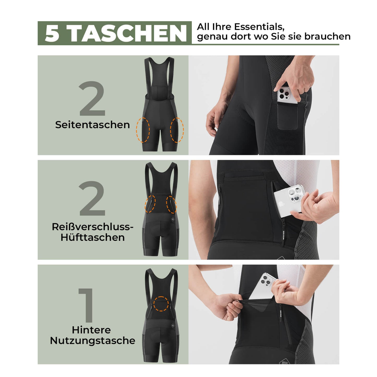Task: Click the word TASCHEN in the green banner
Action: (128, 33)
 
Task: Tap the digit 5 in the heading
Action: (52, 33)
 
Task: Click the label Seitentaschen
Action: (92, 125)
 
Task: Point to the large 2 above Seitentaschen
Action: (92, 99)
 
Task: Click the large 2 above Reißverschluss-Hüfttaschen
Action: (92, 199)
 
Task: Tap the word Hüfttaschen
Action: (93, 237)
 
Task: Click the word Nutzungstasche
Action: (93, 340)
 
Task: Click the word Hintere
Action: (91, 330)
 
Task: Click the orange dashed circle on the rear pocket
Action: (161, 304)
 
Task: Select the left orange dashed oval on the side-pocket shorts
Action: (143, 130)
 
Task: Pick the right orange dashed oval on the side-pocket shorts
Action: (177, 130)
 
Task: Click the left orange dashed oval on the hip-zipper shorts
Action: (150, 204)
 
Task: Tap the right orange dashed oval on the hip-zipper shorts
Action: (171, 204)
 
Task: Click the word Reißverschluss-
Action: (93, 227)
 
